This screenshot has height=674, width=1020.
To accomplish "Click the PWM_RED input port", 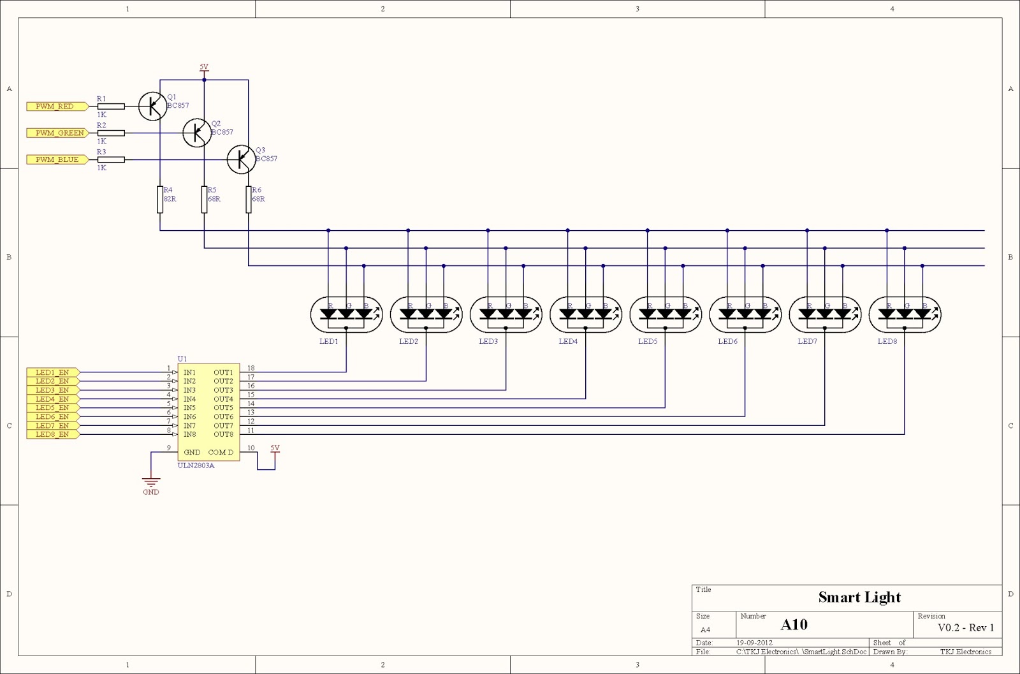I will [x=54, y=106].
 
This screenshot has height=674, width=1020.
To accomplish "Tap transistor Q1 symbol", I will [x=152, y=106].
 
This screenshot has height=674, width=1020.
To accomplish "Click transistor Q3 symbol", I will [x=241, y=159].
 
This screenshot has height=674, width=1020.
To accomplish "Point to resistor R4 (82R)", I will [x=160, y=199].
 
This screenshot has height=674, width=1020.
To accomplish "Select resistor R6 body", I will [x=249, y=199].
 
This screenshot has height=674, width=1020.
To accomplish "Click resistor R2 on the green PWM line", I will [x=111, y=133].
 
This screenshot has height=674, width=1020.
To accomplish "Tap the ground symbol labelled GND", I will [x=151, y=483].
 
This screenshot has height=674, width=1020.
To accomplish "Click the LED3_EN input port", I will [x=52, y=390].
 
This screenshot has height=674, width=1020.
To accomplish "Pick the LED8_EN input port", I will [x=52, y=434].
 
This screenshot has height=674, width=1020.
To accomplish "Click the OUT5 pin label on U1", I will [x=223, y=407].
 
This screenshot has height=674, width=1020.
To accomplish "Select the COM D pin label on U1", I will [x=221, y=452].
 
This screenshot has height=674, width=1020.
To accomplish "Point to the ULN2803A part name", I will [x=196, y=465].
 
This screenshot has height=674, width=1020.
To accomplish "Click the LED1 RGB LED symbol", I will [x=346, y=314].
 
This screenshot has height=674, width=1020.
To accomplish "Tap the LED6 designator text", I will [x=727, y=341].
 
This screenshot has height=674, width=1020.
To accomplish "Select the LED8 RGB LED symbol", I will [x=905, y=314].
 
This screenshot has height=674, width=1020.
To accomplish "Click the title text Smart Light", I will [x=859, y=597].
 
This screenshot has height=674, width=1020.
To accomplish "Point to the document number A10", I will [x=794, y=625].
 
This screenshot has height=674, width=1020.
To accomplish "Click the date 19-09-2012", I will [x=754, y=643].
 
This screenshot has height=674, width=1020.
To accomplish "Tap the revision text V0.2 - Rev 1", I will [x=965, y=627].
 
